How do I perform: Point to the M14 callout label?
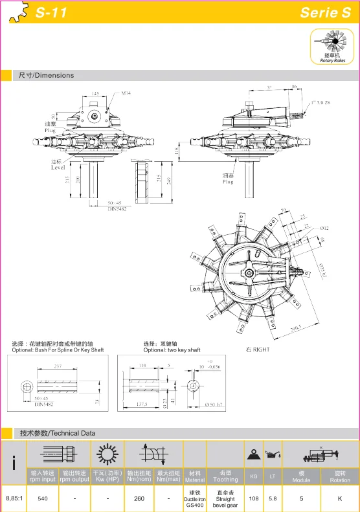[126, 93]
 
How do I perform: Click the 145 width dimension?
[95, 93]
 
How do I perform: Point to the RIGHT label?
[257, 350]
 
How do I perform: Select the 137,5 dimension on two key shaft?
[141, 405]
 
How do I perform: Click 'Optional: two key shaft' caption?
[172, 350]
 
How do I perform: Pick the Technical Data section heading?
[57, 433]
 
